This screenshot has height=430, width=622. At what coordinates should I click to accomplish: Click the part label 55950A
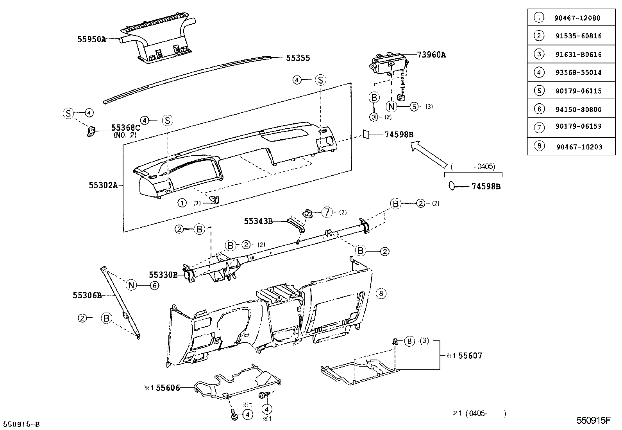pyautogui.click(x=91, y=39)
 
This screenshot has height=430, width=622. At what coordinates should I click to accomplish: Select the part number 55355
pyautogui.click(x=298, y=58)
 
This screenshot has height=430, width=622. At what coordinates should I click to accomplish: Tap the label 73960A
pyautogui.click(x=431, y=55)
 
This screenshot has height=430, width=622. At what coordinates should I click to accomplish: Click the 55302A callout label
pyautogui.click(x=103, y=185)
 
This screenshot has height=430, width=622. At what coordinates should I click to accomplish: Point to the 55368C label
pyautogui.click(x=125, y=128)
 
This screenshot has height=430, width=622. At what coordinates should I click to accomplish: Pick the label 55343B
pyautogui.click(x=258, y=221)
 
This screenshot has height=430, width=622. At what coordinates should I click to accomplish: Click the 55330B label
pyautogui.click(x=163, y=275)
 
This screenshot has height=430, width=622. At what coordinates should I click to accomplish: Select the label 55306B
pyautogui.click(x=87, y=295)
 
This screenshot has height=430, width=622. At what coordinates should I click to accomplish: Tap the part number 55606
pyautogui.click(x=168, y=388)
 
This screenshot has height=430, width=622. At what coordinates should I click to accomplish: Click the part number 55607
pyautogui.click(x=470, y=356)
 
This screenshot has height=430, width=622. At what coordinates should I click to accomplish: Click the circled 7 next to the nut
pyautogui.click(x=327, y=212)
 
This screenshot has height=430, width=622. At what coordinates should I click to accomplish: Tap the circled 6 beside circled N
pyautogui.click(x=155, y=285)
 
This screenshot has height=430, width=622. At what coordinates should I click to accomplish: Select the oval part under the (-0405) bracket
pyautogui.click(x=452, y=186)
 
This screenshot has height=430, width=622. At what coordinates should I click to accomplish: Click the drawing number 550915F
pyautogui.click(x=593, y=421)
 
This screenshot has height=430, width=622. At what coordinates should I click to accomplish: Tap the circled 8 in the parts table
pyautogui.click(x=539, y=146)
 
